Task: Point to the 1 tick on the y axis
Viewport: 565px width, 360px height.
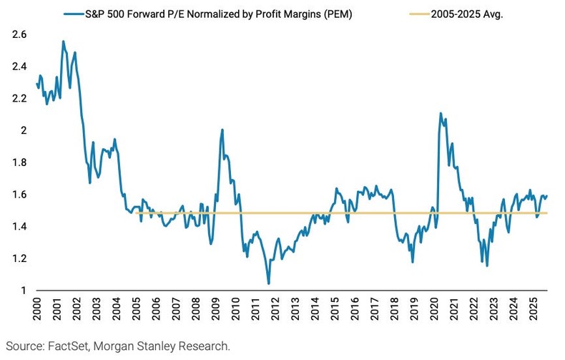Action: [24, 290]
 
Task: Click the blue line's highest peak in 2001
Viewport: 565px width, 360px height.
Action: [64, 42]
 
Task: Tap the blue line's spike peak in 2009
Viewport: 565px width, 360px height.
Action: [222, 130]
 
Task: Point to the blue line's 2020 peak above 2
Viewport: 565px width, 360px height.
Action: [440, 113]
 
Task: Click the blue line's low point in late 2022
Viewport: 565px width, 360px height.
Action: [487, 266]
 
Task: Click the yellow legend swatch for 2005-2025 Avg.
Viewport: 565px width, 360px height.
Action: [406, 13]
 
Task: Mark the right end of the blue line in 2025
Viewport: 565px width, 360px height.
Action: [547, 195]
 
